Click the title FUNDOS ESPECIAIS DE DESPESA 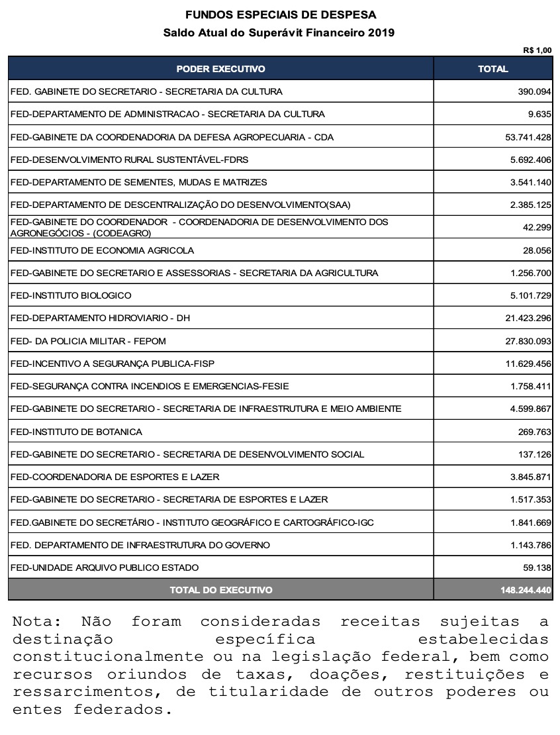pos(280,15)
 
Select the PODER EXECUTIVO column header pos(220,69)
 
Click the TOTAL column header pos(493,69)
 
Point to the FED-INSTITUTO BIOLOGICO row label pos(71,295)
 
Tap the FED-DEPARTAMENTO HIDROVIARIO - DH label pos(101,318)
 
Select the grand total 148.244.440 pos(526,590)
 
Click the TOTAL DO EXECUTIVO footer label pos(220,590)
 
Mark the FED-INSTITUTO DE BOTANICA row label pos(77,432)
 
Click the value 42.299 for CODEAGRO pos(537,227)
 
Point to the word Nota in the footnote pos(35,622)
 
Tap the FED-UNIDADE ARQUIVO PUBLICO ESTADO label pos(105,567)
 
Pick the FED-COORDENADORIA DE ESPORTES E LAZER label pos(115,477)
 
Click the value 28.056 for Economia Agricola pos(537,250)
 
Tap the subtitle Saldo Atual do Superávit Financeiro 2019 pos(280,32)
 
